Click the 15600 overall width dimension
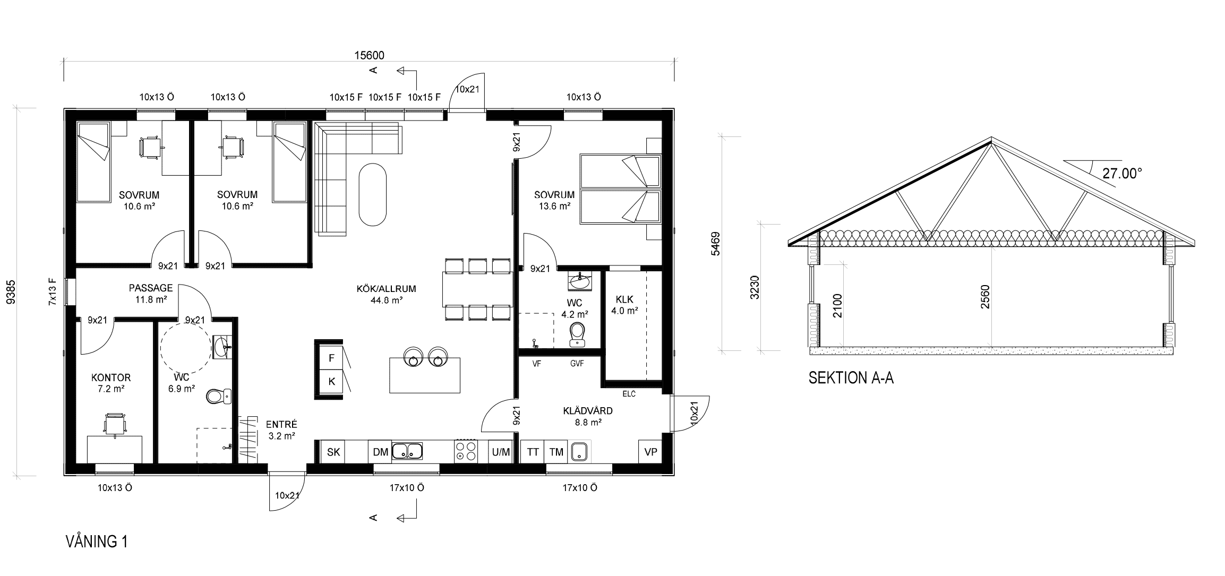tap(369, 55)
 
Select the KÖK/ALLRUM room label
tap(386, 289)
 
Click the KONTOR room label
tap(111, 378)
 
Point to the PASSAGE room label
tap(151, 288)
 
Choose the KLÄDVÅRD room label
tap(588, 411)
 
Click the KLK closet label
tap(624, 299)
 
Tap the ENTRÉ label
tap(281, 425)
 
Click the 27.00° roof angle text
tap(1122, 174)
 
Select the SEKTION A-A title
tap(851, 378)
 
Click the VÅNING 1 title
tap(96, 541)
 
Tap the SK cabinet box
tap(333, 452)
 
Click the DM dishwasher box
tap(380, 452)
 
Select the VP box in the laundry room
tap(650, 452)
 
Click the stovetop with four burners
tap(466, 451)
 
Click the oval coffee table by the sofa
tap(373, 195)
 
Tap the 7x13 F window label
tap(52, 291)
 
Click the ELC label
tap(629, 394)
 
